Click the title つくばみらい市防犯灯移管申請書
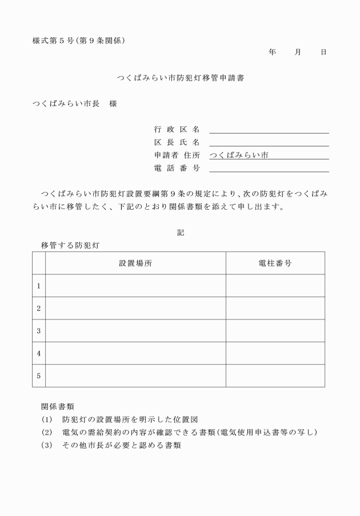click(180, 78)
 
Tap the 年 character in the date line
click(272, 52)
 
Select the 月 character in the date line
click(298, 52)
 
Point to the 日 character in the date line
click(323, 52)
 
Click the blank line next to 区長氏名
click(269, 142)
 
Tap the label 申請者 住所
click(177, 155)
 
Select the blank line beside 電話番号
click(269, 168)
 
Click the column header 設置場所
click(135, 263)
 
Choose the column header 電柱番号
click(275, 263)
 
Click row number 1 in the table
click(39, 286)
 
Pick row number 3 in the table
click(39, 331)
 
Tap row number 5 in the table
click(39, 376)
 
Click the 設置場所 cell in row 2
click(135, 308)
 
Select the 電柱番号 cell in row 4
click(275, 353)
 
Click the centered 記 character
click(181, 233)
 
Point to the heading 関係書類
click(58, 407)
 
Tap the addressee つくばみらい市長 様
click(75, 104)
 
